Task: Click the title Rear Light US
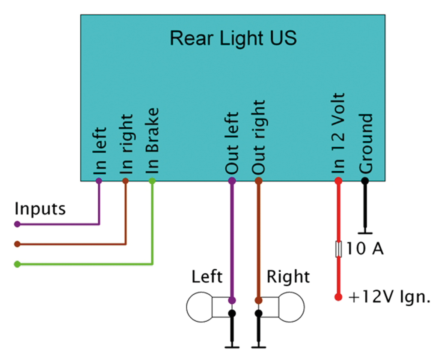click(x=233, y=38)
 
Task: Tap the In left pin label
click(x=100, y=151)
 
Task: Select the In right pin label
click(x=126, y=145)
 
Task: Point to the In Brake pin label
click(x=152, y=141)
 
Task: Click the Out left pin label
click(x=232, y=143)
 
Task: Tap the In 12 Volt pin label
click(x=338, y=133)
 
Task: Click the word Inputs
click(x=40, y=208)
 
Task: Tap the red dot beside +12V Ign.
click(x=338, y=297)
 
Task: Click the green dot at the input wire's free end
click(x=17, y=264)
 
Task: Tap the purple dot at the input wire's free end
click(x=17, y=224)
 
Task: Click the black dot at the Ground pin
click(x=364, y=181)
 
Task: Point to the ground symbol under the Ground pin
click(x=364, y=232)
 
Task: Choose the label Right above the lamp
click(x=288, y=277)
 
